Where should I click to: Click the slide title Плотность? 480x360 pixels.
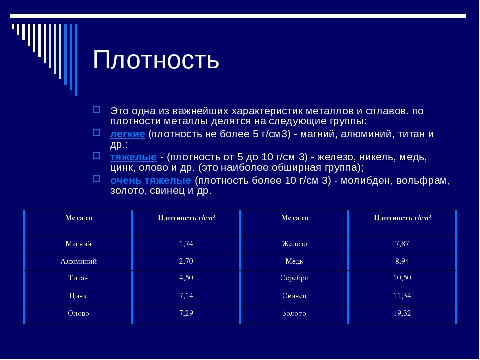click(156, 60)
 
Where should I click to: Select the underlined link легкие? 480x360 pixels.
click(127, 134)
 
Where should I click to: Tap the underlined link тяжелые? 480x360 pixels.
click(133, 157)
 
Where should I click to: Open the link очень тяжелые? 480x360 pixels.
click(151, 180)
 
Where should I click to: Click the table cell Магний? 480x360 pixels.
click(78, 244)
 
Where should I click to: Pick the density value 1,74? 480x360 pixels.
click(186, 244)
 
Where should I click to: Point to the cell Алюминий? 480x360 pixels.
click(78, 261)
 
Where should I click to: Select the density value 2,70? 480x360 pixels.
click(186, 261)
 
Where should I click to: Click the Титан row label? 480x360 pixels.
click(78, 278)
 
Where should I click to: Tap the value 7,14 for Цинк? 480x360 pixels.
click(186, 296)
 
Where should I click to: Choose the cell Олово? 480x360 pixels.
click(78, 313)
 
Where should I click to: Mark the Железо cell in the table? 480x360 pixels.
click(294, 244)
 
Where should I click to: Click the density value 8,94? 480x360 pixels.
click(402, 261)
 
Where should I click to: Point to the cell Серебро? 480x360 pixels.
click(294, 278)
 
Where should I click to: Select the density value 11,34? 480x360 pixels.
click(402, 296)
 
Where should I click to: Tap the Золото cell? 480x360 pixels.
click(294, 313)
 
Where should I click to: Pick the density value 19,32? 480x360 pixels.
click(402, 313)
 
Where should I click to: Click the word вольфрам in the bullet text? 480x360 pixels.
click(421, 180)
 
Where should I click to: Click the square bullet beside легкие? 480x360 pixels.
click(96, 133)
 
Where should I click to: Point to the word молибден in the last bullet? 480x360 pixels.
click(367, 180)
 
